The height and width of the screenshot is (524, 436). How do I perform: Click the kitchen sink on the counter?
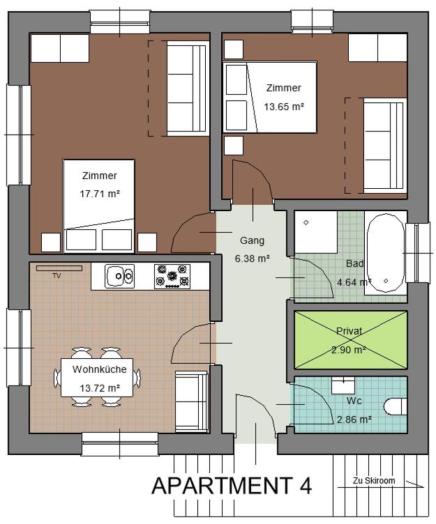point(120,277)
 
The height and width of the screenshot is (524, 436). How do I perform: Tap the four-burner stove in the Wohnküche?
point(172,276)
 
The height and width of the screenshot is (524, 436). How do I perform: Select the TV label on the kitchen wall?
point(57,276)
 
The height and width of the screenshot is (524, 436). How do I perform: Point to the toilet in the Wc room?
point(396,406)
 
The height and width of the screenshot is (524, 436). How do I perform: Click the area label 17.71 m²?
point(99,194)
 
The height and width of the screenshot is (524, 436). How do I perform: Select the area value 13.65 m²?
point(284,107)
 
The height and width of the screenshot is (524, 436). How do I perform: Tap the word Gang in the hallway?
point(252,240)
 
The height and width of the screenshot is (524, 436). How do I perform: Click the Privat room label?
point(349,331)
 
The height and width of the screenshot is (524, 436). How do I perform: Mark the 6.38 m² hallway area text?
point(252,259)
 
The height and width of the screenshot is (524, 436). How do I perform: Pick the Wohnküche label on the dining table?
point(99,369)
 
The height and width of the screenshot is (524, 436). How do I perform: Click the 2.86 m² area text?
point(354,419)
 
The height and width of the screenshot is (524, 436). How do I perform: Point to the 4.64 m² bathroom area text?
point(354,283)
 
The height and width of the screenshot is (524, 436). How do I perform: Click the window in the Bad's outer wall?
point(417,247)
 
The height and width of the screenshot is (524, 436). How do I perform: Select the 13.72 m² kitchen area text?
point(99,388)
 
